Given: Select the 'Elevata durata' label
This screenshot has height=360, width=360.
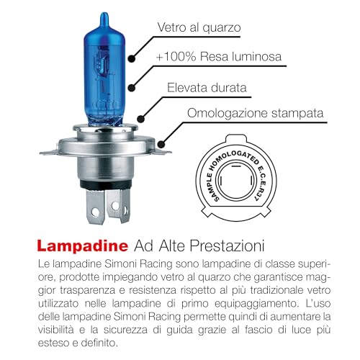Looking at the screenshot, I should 211,88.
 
